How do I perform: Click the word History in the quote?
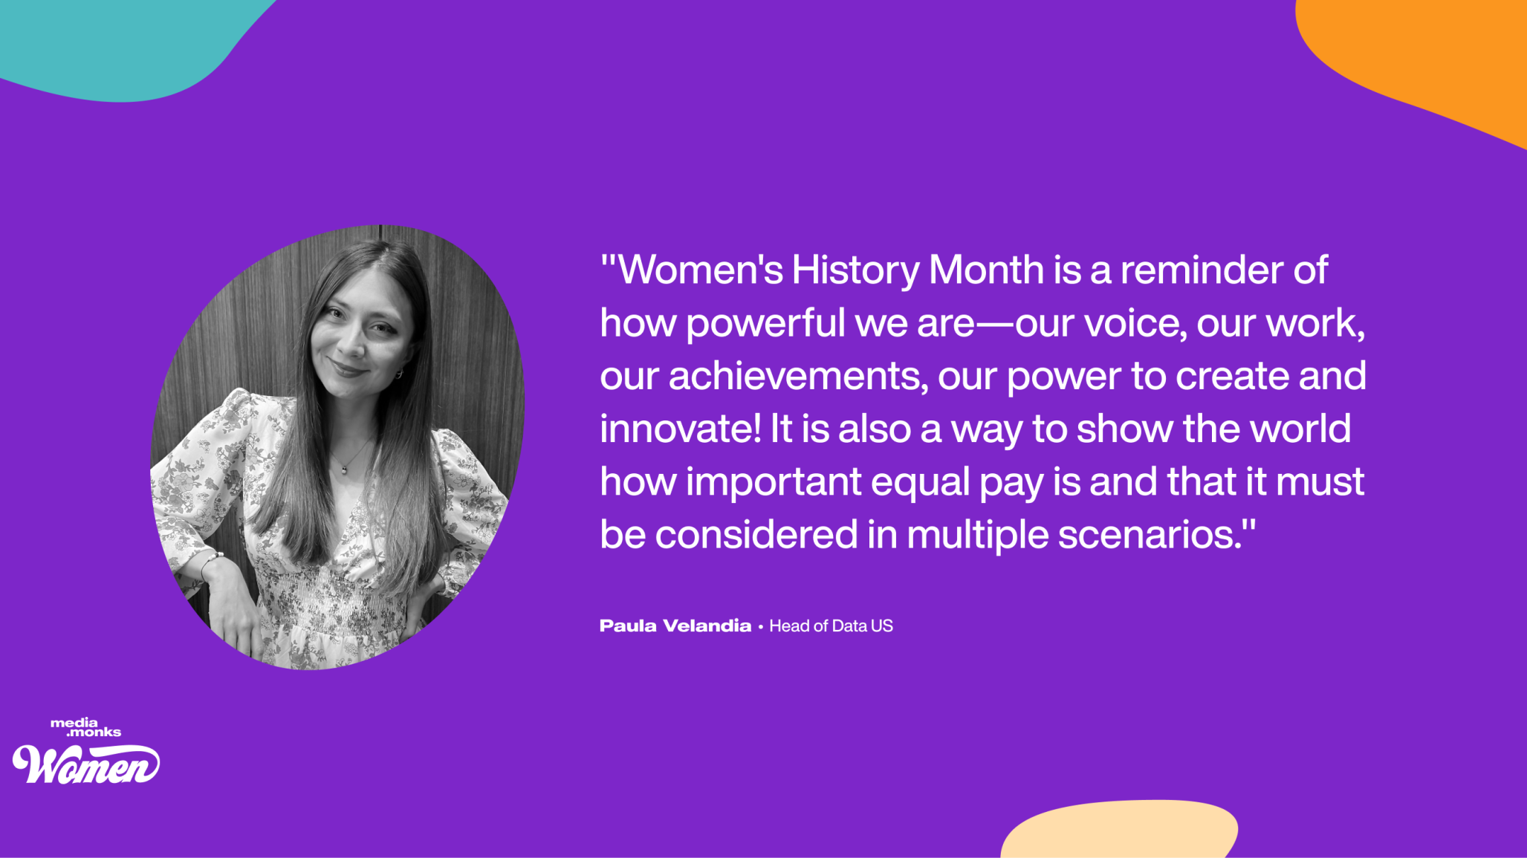tap(855, 270)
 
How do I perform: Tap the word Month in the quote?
tap(986, 269)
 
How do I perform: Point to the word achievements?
tap(798, 376)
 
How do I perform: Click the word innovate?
tap(680, 429)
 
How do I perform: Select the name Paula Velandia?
tap(675, 625)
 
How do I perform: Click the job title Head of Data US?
tap(831, 625)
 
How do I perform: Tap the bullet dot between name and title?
tap(760, 627)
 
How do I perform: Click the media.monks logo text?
tap(85, 727)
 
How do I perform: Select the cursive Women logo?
tap(85, 764)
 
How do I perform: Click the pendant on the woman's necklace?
tap(344, 468)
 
